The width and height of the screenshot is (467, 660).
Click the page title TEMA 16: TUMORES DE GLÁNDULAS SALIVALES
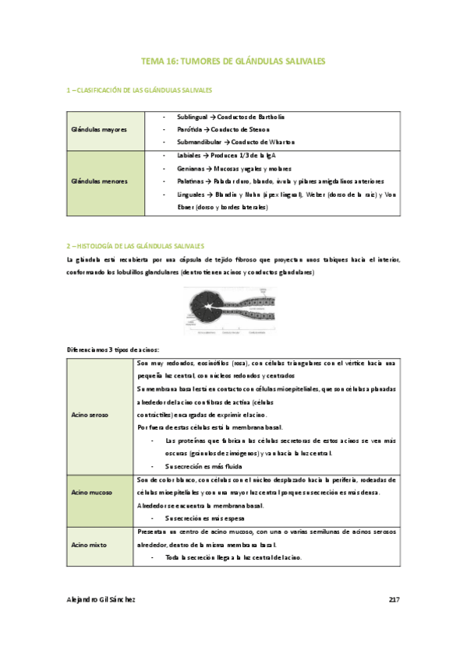233,59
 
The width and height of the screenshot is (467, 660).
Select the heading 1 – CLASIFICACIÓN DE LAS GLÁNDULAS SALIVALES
140,91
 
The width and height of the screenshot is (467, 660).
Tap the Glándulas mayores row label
98,128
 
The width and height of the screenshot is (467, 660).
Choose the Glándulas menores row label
98,181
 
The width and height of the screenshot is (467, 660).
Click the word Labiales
189,155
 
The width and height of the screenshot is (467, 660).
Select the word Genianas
191,168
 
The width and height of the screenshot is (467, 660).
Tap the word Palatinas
191,181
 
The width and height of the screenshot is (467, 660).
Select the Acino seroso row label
90,415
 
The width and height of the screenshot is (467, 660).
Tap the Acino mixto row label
89,546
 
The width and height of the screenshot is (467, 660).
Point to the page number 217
393,599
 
